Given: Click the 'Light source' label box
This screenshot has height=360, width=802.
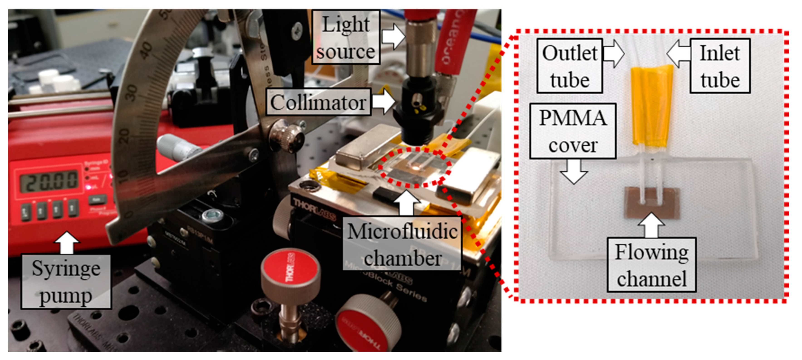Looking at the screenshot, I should pos(346,38).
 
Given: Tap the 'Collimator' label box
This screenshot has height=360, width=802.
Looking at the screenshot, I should pos(318,102).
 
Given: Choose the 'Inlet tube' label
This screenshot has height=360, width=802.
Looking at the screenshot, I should pos(720,66).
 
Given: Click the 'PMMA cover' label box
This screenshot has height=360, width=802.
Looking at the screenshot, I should pos(573,131).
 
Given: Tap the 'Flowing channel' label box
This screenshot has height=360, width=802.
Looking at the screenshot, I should pos(652,265).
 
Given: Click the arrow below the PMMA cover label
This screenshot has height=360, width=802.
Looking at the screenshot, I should pos(573,172).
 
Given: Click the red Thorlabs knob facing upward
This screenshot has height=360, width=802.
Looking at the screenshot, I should pos(290,269).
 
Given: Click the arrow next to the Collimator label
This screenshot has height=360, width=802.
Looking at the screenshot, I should pos(384,101).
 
